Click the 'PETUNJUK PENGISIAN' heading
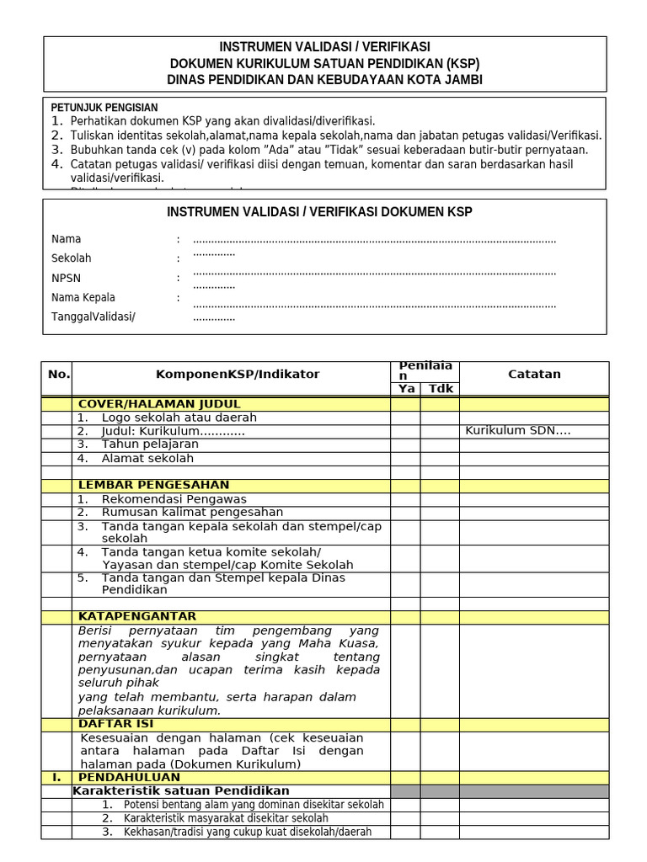104,108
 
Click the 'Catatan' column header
534,374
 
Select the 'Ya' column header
406,389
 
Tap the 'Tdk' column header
440,389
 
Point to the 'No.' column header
58,374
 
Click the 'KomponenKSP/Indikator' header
238,374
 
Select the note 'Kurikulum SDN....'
518,431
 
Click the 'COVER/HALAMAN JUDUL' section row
159,404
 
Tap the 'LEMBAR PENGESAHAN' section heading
153,485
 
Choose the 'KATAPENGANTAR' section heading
137,616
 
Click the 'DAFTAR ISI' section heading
116,724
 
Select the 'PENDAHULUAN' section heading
129,777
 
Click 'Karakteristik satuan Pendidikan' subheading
181,790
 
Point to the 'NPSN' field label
67,278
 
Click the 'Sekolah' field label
72,258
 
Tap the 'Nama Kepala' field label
83,297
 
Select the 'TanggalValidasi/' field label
94,317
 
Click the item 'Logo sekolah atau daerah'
179,418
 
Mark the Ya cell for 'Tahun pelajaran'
405,444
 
